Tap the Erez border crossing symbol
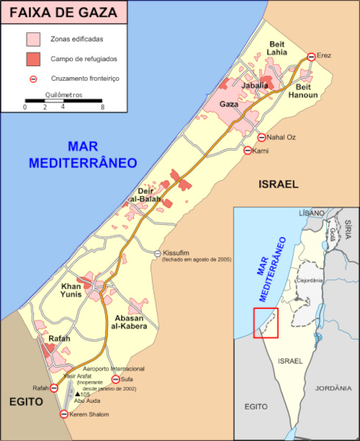click(311, 57)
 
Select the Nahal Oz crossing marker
click(261, 137)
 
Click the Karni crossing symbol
click(248, 151)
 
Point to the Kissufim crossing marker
click(157, 254)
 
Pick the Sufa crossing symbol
click(115, 379)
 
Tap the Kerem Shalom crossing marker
click(63, 415)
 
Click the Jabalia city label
click(254, 86)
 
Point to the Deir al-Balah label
click(144, 195)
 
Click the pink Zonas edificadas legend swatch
click(33, 38)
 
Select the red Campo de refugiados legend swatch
click(33, 57)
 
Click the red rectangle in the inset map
click(265, 323)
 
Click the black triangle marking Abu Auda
click(77, 395)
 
